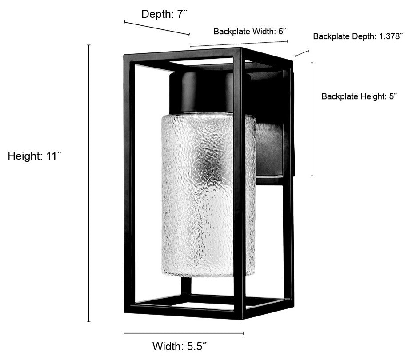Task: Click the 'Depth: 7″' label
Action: (x=165, y=14)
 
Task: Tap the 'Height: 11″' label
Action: (x=34, y=156)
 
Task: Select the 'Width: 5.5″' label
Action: (x=180, y=346)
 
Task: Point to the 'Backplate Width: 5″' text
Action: (x=250, y=31)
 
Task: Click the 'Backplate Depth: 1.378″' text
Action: (x=358, y=36)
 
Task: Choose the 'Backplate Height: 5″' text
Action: (x=359, y=96)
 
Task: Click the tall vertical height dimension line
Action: (x=89, y=184)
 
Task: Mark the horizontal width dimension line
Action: (x=184, y=333)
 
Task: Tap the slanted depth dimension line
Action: (x=156, y=28)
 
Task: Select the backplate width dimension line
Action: (x=239, y=44)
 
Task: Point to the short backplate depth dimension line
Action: (x=302, y=53)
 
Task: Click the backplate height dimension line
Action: (x=312, y=119)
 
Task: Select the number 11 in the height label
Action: (x=52, y=156)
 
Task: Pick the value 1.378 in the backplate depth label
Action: (x=389, y=36)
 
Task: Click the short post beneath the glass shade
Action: (x=186, y=286)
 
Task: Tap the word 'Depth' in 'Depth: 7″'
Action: (x=156, y=14)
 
